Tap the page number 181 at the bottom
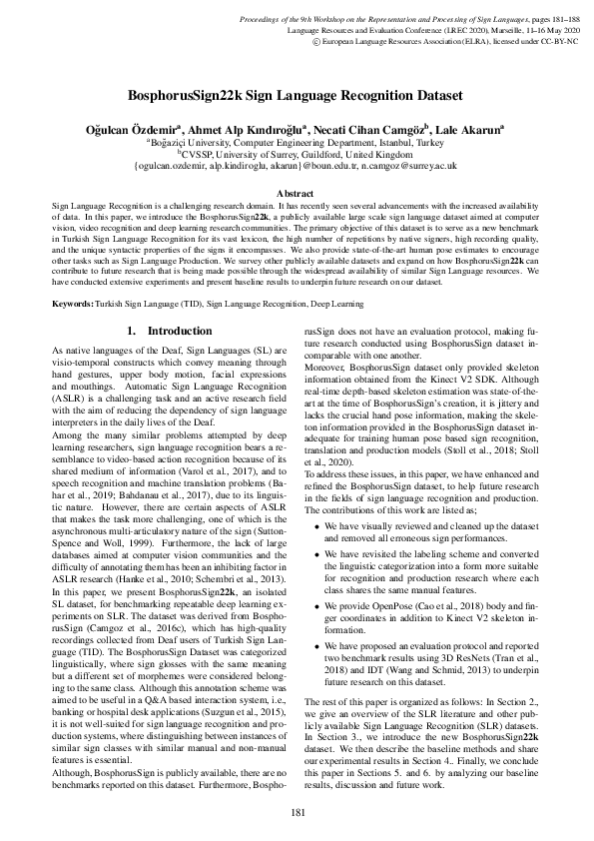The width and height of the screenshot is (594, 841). pos(297,812)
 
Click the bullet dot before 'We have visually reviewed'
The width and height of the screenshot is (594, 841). pos(318,526)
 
